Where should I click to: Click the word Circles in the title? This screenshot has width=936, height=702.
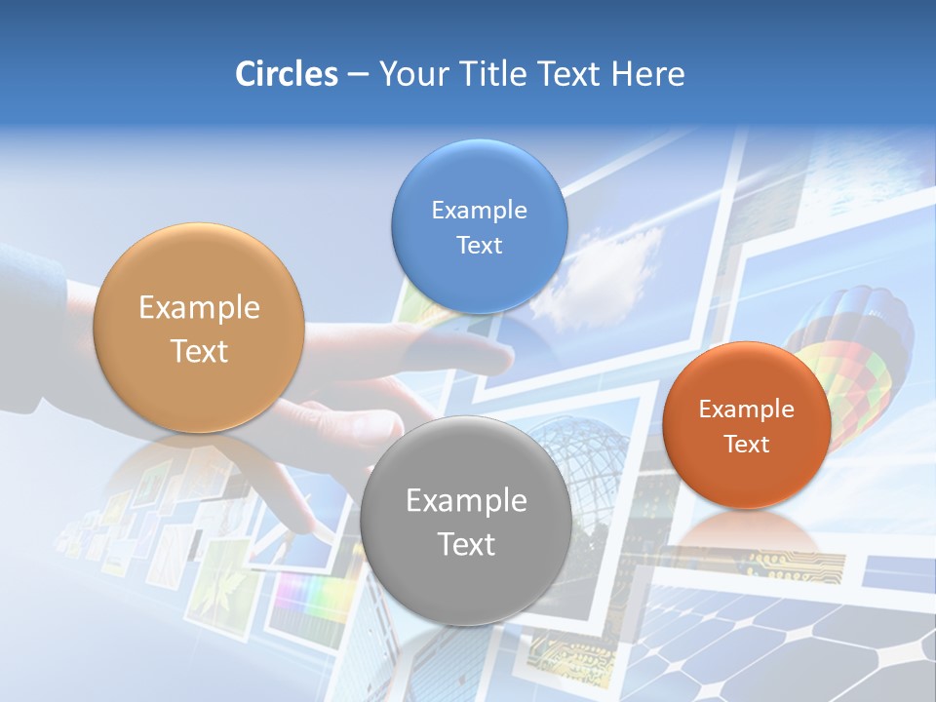click(x=287, y=74)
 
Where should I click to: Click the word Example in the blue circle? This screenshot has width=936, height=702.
click(x=479, y=210)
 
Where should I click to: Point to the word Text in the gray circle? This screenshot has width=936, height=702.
click(x=465, y=544)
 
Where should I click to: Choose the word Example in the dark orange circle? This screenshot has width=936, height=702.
click(x=747, y=409)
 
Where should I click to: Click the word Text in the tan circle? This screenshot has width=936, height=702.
click(x=198, y=351)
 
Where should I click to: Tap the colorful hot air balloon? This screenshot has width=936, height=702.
click(x=858, y=351)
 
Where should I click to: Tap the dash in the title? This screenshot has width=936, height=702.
click(x=357, y=75)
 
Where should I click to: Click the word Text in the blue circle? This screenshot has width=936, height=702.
click(x=479, y=245)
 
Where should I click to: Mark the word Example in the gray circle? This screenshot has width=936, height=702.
click(x=465, y=500)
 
